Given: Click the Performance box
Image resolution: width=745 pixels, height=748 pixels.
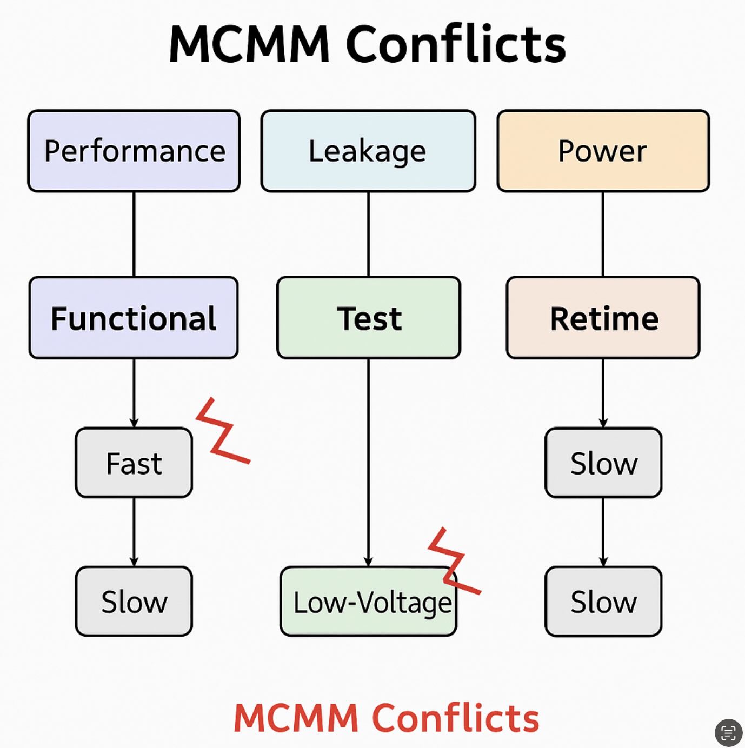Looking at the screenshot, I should [134, 151].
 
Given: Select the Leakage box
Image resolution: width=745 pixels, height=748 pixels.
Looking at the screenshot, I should [368, 151].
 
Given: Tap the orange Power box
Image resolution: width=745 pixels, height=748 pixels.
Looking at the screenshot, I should [603, 151].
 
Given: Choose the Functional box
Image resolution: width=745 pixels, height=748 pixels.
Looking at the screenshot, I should [134, 318].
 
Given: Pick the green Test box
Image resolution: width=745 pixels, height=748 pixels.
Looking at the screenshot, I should [369, 318].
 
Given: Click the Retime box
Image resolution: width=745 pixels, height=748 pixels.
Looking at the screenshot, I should [603, 318].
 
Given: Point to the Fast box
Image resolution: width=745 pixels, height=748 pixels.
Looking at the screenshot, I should [134, 463].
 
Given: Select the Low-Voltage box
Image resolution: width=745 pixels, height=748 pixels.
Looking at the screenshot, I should [368, 602].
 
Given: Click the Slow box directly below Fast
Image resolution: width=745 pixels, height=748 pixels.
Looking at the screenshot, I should [134, 602].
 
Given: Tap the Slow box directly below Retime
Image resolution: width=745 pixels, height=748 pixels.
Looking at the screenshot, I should [603, 463].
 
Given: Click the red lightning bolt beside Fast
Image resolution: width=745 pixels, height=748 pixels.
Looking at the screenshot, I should [222, 432].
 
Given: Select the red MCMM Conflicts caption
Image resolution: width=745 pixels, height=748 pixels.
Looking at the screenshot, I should [386, 718].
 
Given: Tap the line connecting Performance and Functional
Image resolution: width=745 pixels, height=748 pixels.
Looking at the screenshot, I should [134, 234].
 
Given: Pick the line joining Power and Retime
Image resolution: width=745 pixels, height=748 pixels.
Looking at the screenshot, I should [603, 234].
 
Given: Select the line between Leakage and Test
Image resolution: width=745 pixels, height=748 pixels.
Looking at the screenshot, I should [369, 234].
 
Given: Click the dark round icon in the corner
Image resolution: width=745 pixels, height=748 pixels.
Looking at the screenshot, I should [728, 732].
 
